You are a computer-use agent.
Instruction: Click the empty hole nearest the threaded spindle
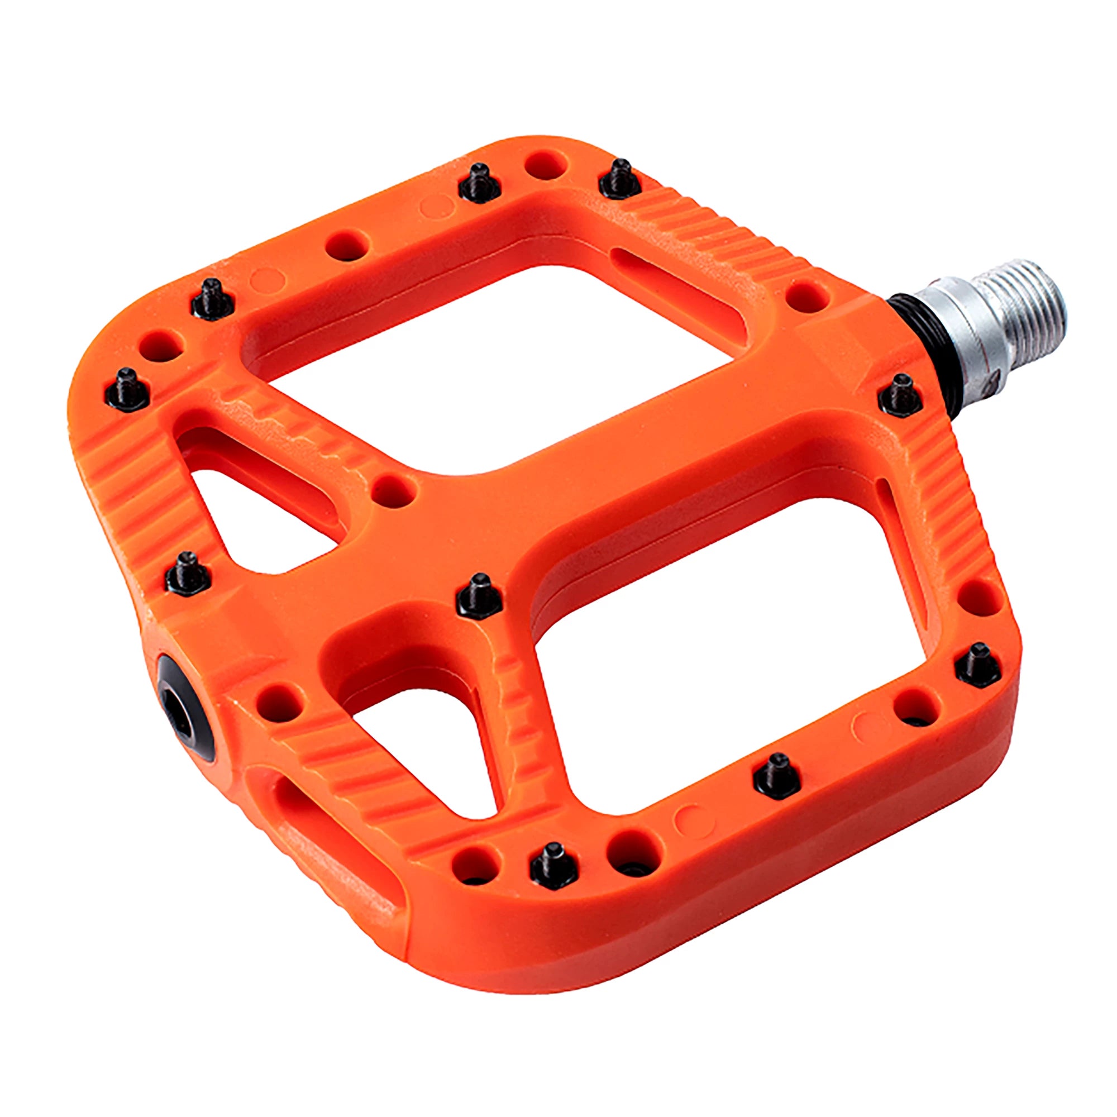(808, 294)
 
